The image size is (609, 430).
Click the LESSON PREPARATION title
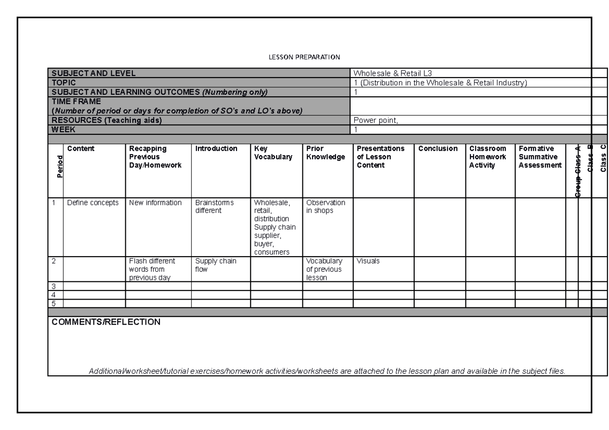coord(304,57)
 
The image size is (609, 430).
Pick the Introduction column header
coord(216,149)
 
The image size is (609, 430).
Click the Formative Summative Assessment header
coord(540,157)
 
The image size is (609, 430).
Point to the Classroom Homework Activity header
coord(488,157)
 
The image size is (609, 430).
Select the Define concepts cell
coord(93,203)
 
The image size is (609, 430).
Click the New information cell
coord(155,203)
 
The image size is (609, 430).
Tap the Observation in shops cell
coord(326,206)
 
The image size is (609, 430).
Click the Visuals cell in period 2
coord(367,261)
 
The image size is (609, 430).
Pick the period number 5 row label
coord(54,303)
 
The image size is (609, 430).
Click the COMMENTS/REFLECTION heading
coord(106,322)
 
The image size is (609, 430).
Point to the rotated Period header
coord(60,166)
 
